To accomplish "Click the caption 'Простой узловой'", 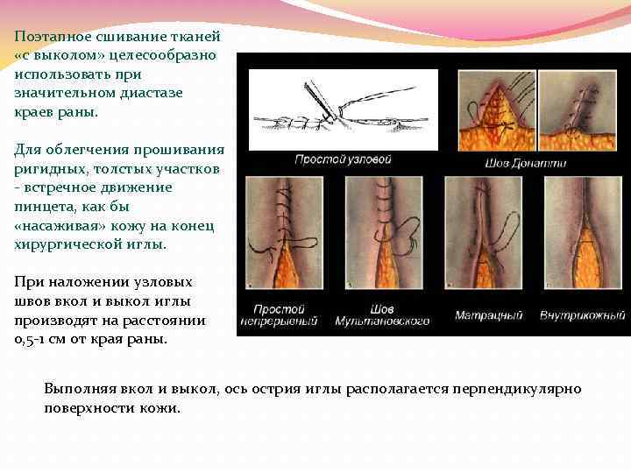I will click(330, 160).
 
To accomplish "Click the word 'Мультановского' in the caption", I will click(382, 321).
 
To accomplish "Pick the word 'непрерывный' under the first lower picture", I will click(285, 321).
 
